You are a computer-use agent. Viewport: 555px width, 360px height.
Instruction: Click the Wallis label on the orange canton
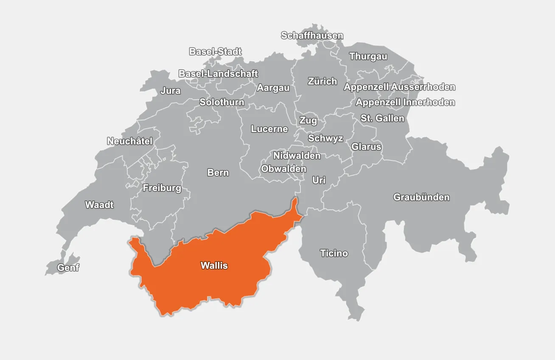point(214,266)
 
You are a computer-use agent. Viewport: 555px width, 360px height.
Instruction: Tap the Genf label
point(68,268)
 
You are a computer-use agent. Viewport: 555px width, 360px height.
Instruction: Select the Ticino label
point(334,253)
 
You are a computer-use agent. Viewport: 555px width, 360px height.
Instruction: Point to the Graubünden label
point(421,197)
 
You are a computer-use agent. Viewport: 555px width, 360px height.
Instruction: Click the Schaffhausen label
point(312,36)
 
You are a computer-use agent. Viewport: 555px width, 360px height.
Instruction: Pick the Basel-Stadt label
point(215,52)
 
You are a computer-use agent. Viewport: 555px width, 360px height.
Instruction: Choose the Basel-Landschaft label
point(218,73)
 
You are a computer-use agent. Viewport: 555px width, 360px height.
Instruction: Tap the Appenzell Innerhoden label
point(405,102)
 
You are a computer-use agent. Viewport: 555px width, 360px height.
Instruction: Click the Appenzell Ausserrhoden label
point(399,87)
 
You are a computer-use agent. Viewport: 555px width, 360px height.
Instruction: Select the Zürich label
point(322,82)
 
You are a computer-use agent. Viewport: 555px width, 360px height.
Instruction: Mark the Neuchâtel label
point(129,141)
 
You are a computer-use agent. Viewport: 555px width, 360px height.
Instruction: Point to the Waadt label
point(99,205)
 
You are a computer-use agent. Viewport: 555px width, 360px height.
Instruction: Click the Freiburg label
point(162,188)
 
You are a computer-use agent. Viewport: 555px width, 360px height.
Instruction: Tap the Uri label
point(319,180)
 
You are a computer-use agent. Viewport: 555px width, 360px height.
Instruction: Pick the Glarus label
point(366,147)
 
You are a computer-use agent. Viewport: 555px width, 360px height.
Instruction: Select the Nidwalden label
point(297,156)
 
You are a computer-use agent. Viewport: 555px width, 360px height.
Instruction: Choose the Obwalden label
point(283,169)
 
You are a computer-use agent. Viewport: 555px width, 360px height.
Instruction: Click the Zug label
point(308,121)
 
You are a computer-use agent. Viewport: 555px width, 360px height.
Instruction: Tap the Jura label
point(170,91)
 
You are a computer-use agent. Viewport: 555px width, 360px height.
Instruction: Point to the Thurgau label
point(368,56)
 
